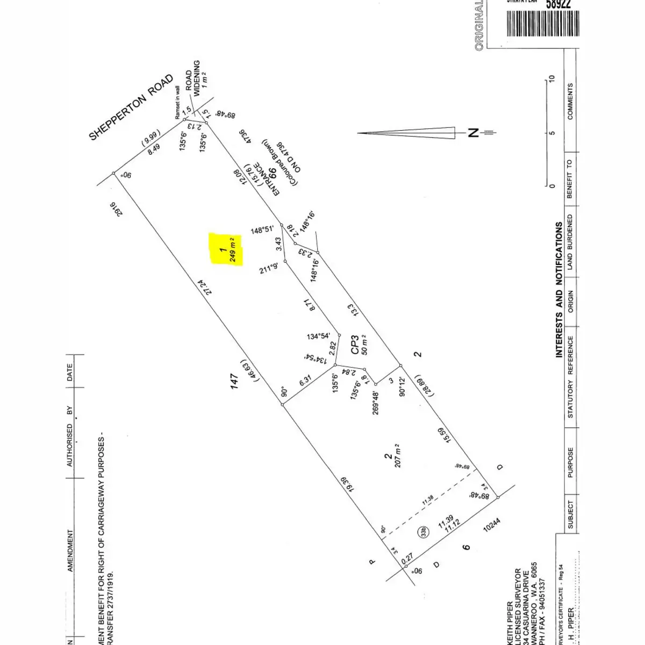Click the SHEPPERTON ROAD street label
[x=131, y=107]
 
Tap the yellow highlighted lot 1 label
[x=226, y=249]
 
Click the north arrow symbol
[x=408, y=133]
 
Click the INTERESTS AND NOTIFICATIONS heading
[x=559, y=290]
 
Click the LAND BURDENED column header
[x=570, y=242]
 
